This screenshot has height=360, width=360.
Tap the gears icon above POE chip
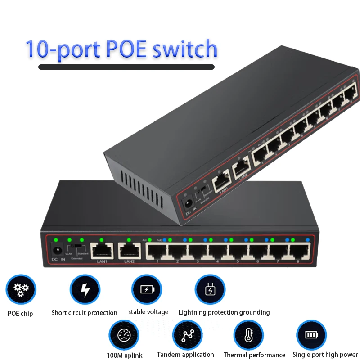[21, 290]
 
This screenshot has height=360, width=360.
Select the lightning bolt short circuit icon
[85, 290]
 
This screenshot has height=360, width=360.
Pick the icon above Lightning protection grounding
[210, 290]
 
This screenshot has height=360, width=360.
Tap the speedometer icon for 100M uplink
[124, 335]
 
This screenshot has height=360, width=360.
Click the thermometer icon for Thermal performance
[248, 336]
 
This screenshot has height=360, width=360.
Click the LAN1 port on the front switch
[99, 250]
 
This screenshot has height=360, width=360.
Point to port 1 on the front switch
[157, 251]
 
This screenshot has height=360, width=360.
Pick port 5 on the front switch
[237, 251]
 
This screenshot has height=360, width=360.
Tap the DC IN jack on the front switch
[56, 250]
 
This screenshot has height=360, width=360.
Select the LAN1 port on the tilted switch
[220, 182]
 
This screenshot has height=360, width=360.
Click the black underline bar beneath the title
[126, 67]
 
